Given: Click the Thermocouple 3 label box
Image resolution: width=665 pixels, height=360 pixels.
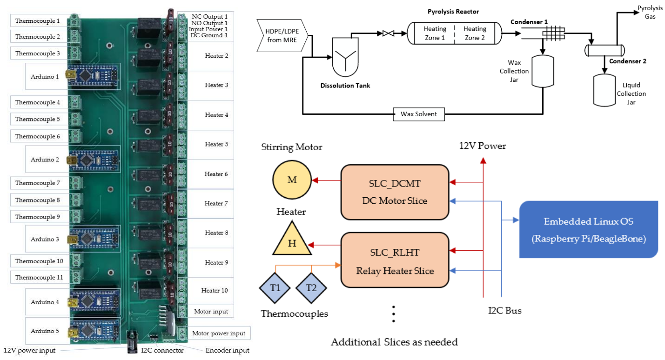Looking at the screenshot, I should point(38,53).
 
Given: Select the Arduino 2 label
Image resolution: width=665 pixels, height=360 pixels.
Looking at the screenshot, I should point(45,160).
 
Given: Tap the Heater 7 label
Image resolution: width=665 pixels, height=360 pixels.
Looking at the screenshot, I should point(216,203).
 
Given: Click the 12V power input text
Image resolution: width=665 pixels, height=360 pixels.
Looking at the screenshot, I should point(29,350).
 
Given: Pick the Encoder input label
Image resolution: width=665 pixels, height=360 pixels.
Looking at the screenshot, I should point(228,350).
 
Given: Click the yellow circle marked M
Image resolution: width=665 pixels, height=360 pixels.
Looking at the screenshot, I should point(292,180).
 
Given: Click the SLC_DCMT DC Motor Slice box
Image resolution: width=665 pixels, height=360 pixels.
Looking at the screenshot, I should point(395,192).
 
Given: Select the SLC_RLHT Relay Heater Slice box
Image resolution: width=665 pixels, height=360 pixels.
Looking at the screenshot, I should point(395,260).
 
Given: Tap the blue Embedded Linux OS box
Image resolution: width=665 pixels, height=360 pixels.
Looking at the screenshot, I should point(588,229).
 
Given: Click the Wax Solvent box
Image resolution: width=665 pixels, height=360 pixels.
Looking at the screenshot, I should point(419,114).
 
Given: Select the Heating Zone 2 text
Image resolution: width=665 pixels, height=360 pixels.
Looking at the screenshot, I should point(475,33).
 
